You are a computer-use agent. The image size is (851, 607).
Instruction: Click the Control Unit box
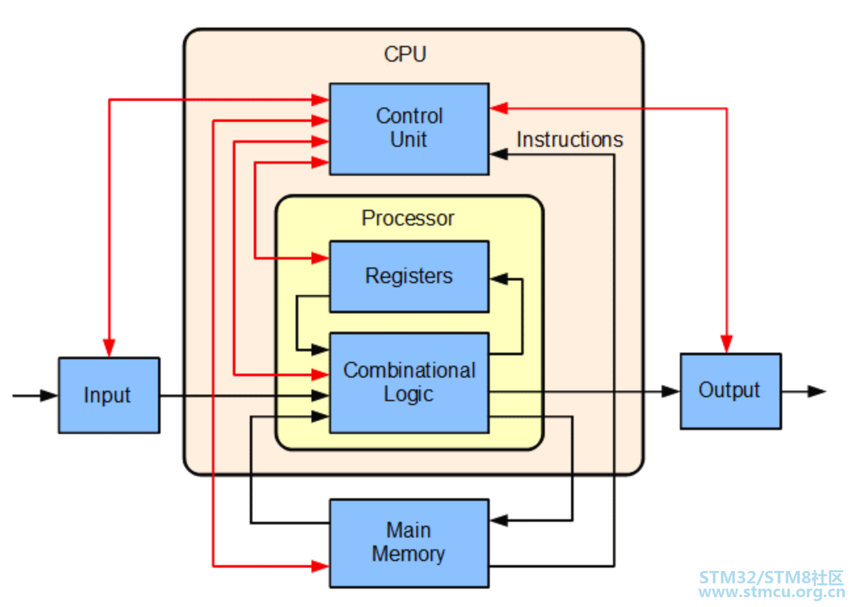coord(409,129)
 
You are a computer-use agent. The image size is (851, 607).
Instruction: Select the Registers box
coord(409,277)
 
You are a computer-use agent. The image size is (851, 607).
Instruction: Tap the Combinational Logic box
coord(409,383)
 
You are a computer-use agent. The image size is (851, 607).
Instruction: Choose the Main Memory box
coord(409,543)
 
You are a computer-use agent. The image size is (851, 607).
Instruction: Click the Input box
coord(109,395)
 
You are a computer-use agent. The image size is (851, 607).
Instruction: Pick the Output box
coord(731,391)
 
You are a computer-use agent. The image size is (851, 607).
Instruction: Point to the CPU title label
coord(405,54)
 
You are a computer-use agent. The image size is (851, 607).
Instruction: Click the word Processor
coord(408,218)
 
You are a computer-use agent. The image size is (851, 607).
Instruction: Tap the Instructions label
coord(570,140)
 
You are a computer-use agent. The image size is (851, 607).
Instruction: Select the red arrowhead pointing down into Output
coord(726,344)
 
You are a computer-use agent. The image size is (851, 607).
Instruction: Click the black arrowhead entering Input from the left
coord(49,395)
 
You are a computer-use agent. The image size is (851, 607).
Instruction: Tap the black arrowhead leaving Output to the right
coord(817,391)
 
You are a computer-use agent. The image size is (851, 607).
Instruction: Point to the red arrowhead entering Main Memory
coord(320,566)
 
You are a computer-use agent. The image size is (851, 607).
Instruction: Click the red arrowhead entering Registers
coord(320,258)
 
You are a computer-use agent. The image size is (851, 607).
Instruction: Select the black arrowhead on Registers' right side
coord(499,279)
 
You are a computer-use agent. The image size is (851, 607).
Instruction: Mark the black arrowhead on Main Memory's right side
coord(499,520)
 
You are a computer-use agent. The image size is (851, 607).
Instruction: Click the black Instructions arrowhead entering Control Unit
coord(499,154)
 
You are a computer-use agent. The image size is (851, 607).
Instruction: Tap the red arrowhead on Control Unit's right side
coord(499,108)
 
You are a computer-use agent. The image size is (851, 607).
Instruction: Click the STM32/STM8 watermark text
coord(771,578)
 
